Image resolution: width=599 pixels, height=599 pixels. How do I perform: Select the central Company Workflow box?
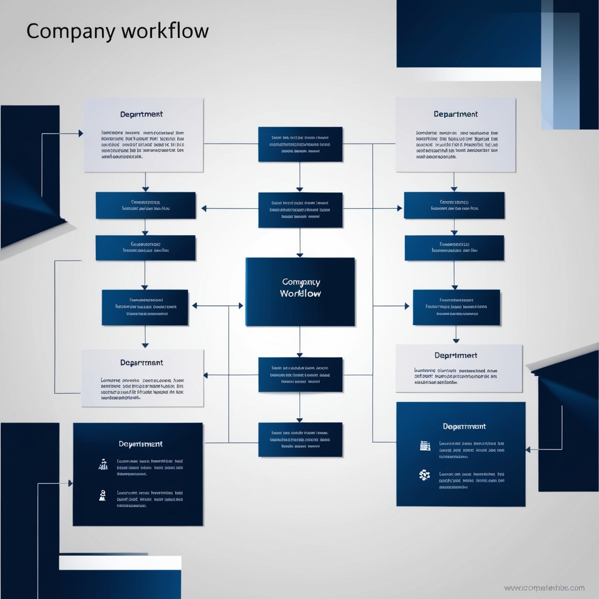300,291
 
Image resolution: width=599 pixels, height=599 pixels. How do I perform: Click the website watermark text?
544,588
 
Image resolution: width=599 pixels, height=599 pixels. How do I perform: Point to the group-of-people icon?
103,464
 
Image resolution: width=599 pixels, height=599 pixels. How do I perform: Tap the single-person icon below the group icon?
103,495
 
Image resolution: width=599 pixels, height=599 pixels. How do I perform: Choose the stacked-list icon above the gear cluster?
425,446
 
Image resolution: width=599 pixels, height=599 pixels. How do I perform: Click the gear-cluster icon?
425,475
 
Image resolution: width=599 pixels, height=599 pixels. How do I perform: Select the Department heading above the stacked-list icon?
464,426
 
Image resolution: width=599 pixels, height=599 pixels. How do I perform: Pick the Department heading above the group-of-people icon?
140,444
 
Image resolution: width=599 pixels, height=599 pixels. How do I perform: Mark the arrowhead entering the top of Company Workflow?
300,254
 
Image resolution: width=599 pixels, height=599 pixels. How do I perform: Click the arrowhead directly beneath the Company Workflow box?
300,354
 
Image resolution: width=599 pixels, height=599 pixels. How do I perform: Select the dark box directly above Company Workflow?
300,210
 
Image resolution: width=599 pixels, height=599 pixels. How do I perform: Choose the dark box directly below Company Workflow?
300,375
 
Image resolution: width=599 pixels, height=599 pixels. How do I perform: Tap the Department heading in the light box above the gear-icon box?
456,355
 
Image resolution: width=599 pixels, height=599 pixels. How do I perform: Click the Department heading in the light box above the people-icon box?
142,363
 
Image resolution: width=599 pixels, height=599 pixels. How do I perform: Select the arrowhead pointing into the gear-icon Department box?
528,450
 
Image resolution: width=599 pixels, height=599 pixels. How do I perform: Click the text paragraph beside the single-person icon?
150,499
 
